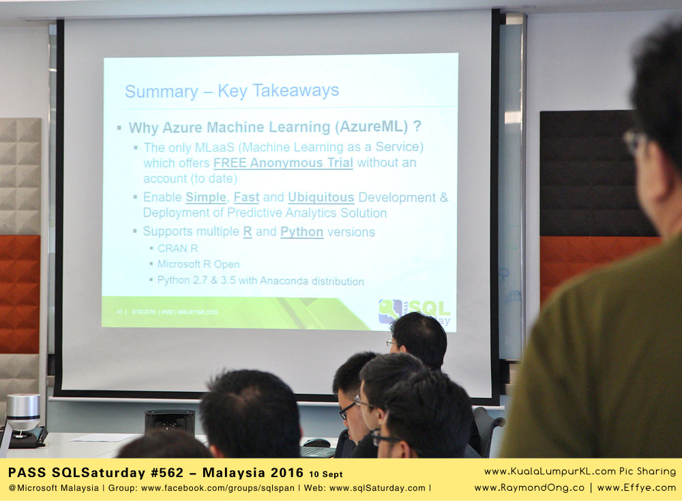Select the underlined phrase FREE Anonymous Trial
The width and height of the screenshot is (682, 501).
click(x=283, y=162)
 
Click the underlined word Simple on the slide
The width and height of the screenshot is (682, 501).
click(x=205, y=197)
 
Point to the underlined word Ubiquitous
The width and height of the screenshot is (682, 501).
click(x=321, y=197)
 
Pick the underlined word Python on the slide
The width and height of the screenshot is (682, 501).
click(x=301, y=232)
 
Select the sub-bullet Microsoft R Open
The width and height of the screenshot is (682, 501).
click(x=198, y=264)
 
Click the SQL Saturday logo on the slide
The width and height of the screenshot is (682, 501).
click(x=414, y=311)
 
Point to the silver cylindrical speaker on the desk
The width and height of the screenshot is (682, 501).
click(x=23, y=413)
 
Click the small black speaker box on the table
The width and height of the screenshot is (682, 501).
click(x=169, y=422)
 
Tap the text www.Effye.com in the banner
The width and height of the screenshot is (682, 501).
click(x=638, y=487)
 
